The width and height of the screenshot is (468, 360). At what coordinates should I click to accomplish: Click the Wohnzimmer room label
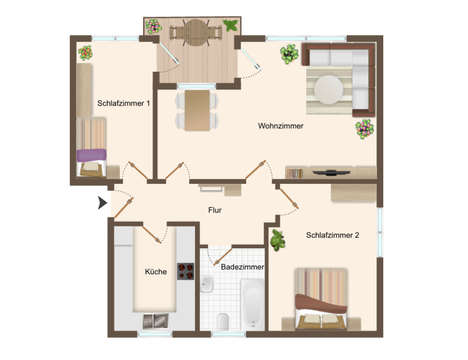pyautogui.click(x=281, y=126)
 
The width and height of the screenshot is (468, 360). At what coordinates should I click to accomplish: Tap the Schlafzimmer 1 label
pyautogui.click(x=124, y=103)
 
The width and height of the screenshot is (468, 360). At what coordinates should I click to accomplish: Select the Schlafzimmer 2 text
pyautogui.click(x=332, y=235)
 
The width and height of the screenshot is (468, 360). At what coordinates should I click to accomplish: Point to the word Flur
pyautogui.click(x=215, y=210)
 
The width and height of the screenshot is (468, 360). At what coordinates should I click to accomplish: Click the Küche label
pyautogui.click(x=156, y=272)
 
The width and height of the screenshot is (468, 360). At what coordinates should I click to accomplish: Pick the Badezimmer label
pyautogui.click(x=242, y=267)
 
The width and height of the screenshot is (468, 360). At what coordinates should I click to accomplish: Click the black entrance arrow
pyautogui.click(x=102, y=203)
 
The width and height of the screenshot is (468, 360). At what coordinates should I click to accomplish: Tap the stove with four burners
pyautogui.click(x=186, y=271)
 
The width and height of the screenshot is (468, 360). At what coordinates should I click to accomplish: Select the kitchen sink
pyautogui.click(x=155, y=321)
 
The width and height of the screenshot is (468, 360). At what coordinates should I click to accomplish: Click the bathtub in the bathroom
pyautogui.click(x=253, y=304)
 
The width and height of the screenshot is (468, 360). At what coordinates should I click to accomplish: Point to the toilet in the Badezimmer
pyautogui.click(x=223, y=321)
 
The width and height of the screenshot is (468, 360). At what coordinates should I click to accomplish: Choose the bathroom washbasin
pyautogui.click(x=206, y=284)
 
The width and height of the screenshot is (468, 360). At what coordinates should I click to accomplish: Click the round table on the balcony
pyautogui.click(x=196, y=33)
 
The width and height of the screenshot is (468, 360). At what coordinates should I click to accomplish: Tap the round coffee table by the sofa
pyautogui.click(x=328, y=89)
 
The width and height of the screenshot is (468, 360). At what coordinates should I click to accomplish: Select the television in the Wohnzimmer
pyautogui.click(x=331, y=172)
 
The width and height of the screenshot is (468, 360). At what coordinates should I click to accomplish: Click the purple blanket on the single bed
pyautogui.click(x=92, y=155)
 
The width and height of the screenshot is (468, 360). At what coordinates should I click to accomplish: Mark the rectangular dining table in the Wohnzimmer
pyautogui.click(x=197, y=110)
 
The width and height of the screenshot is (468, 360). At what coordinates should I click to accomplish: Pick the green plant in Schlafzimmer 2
pyautogui.click(x=278, y=240)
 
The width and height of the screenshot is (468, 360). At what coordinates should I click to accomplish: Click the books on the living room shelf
pyautogui.click(x=295, y=174)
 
